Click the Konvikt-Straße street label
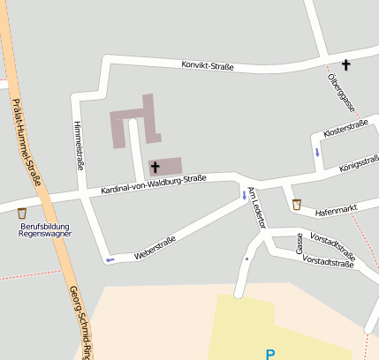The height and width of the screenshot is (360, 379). pos(208,66)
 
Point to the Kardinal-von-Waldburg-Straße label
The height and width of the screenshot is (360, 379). pos(153,184)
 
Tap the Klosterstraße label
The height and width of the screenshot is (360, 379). pos(345,129)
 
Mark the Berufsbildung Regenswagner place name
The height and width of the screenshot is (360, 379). pos(44,230)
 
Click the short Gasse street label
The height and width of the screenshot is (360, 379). pos(299,244)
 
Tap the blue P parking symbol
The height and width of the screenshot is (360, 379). pos(270,355)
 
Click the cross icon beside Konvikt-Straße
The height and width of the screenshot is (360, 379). pos(345,64)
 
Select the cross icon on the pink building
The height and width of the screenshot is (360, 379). pos(155,166)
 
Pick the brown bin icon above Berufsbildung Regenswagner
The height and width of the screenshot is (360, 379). pos(22,213)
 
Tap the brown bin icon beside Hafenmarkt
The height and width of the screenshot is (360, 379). pos(297,205)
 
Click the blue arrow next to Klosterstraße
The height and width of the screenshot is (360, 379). pos(317,152)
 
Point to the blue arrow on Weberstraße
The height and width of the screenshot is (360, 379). pos(110,259)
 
